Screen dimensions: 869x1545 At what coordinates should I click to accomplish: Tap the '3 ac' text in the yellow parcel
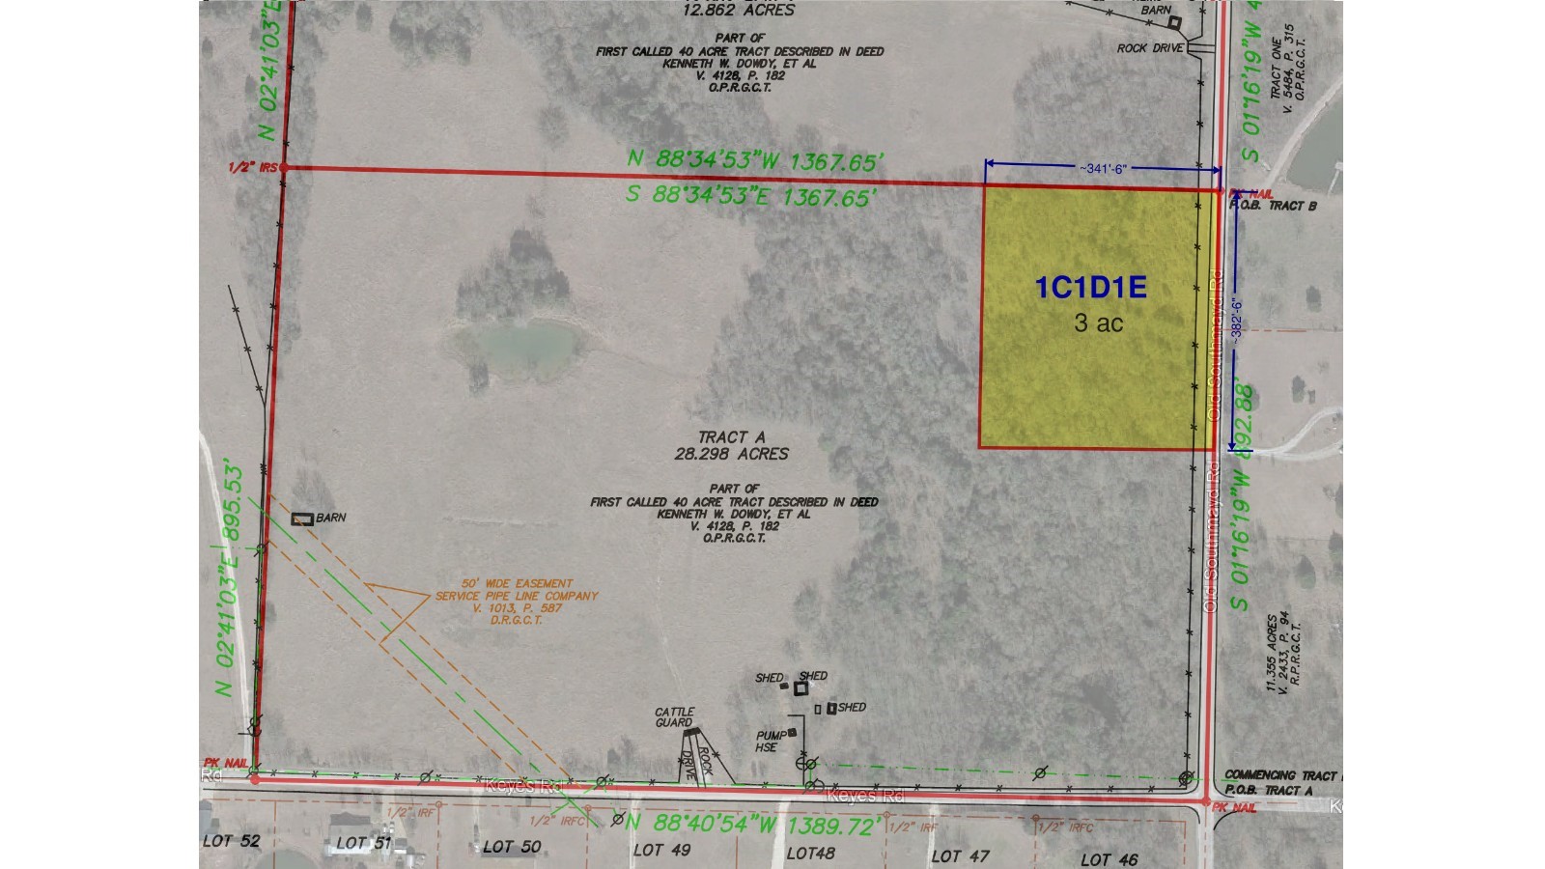click(x=1098, y=322)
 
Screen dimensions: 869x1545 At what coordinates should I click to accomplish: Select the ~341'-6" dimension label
click(x=1102, y=168)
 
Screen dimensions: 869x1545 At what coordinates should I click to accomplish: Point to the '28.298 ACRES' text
click(x=734, y=454)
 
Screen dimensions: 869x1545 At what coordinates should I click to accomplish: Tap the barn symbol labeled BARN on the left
click(x=302, y=519)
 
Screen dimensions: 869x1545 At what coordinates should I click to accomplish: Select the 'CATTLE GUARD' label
click(x=674, y=716)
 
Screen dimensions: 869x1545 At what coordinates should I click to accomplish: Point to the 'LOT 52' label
click(x=232, y=841)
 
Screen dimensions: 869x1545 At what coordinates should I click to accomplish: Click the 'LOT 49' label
click(x=661, y=850)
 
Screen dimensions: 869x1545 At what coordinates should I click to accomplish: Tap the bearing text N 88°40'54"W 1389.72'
click(x=752, y=825)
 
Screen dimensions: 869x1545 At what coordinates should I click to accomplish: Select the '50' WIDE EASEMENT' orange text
click(x=503, y=584)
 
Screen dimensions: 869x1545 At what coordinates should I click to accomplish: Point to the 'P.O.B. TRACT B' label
click(x=1273, y=206)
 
